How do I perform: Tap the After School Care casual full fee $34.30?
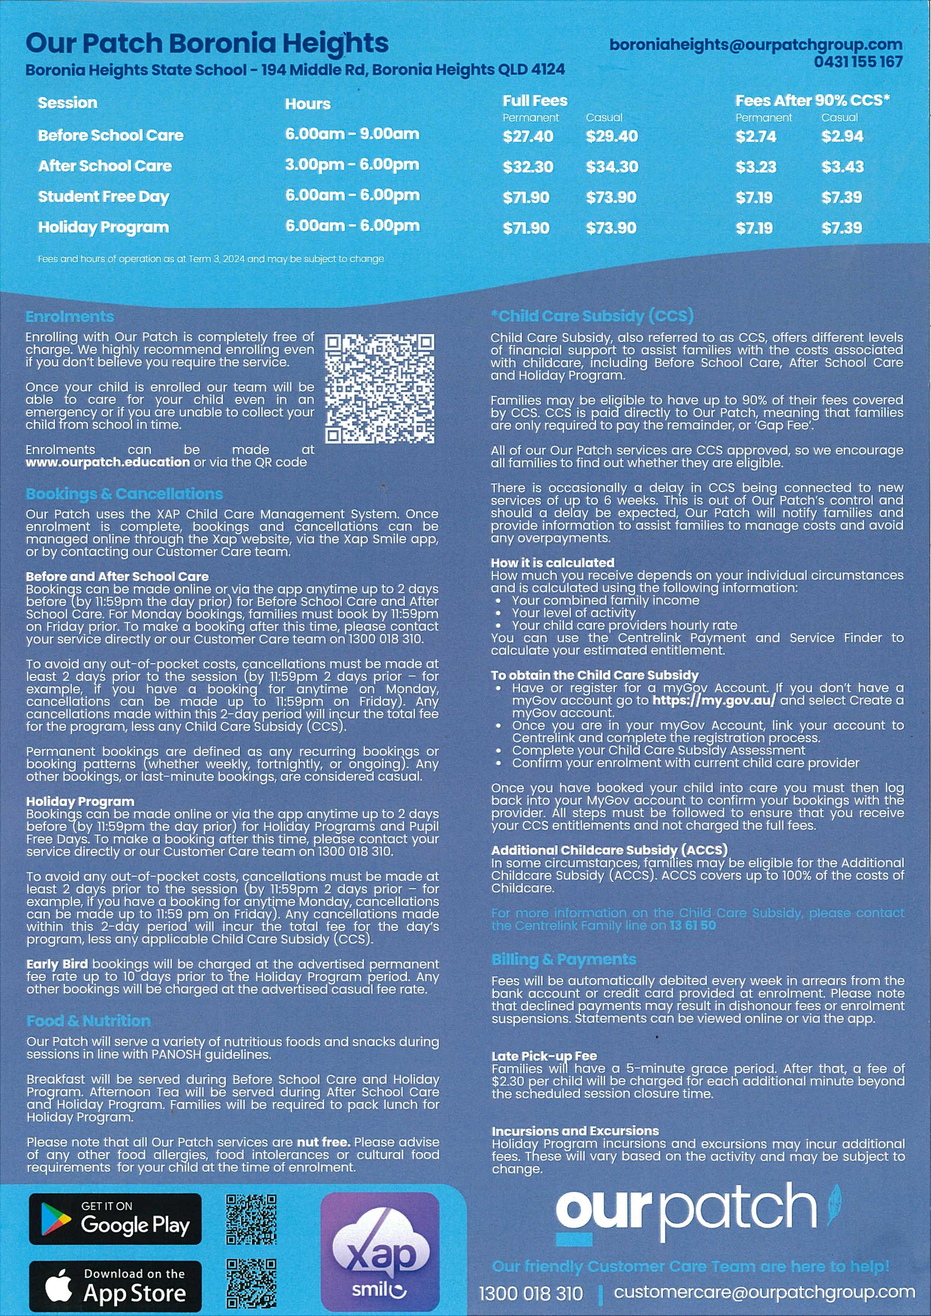point(612,167)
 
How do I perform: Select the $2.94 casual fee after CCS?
point(842,136)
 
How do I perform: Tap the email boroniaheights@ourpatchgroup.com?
point(755,45)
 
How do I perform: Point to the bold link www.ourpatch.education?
point(107,462)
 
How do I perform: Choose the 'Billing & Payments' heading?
point(563,959)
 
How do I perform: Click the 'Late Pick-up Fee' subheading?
point(544,1056)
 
